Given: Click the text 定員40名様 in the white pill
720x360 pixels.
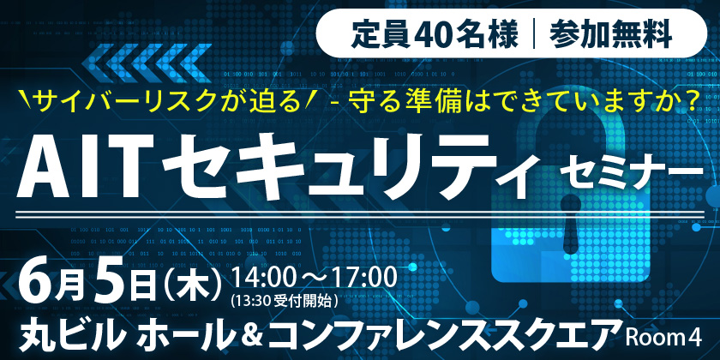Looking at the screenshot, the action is (435, 34).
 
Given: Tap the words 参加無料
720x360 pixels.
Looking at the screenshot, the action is (609, 34).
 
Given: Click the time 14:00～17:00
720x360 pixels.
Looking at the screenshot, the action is (314, 278).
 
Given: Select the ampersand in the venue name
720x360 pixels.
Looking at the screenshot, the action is (252, 336).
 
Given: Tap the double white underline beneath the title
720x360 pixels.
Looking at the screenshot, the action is (360, 214).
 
